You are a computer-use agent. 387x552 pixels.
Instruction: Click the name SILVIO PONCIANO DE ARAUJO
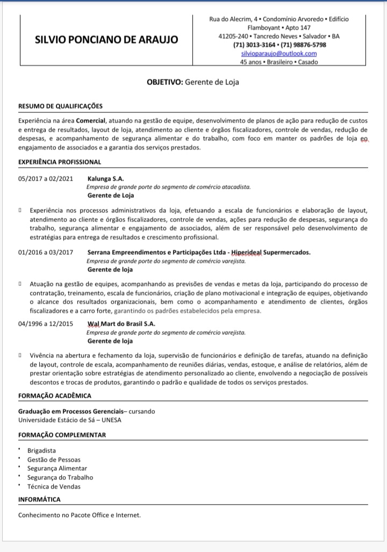pyautogui.click(x=107, y=40)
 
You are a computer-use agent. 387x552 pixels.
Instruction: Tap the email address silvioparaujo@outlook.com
pyautogui.click(x=279, y=53)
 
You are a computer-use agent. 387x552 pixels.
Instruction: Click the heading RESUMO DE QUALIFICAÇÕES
pyautogui.click(x=60, y=106)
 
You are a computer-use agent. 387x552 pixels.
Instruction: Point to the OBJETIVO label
pyautogui.click(x=165, y=82)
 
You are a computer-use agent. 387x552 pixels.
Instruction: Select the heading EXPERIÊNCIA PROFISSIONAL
pyautogui.click(x=59, y=161)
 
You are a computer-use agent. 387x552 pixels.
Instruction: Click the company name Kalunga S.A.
pyautogui.click(x=105, y=178)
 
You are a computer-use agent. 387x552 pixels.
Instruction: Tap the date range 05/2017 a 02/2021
pyautogui.click(x=45, y=178)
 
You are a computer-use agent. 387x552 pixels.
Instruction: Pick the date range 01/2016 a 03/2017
pyautogui.click(x=45, y=252)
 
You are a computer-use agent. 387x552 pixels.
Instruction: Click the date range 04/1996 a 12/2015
pyautogui.click(x=45, y=324)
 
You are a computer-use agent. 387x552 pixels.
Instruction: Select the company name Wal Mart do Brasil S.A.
pyautogui.click(x=121, y=324)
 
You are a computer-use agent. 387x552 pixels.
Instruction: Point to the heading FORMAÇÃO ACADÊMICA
pyautogui.click(x=54, y=396)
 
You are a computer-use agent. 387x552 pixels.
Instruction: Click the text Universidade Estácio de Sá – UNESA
pyautogui.click(x=69, y=420)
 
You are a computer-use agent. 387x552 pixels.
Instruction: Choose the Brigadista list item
pyautogui.click(x=41, y=450)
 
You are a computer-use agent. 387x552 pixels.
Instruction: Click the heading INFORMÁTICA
pyautogui.click(x=39, y=499)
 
